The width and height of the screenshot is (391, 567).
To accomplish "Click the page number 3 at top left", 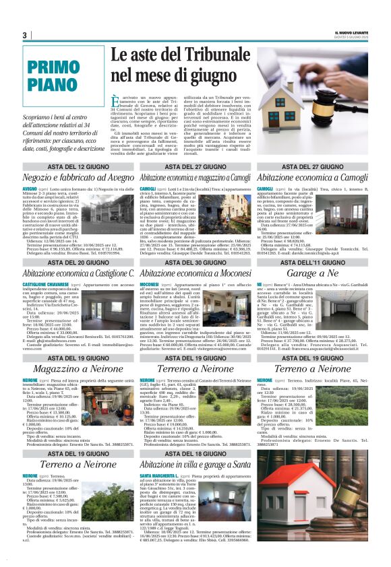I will point(24,36).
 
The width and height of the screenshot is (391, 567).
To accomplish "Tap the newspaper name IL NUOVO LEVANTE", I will point(351,33).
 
